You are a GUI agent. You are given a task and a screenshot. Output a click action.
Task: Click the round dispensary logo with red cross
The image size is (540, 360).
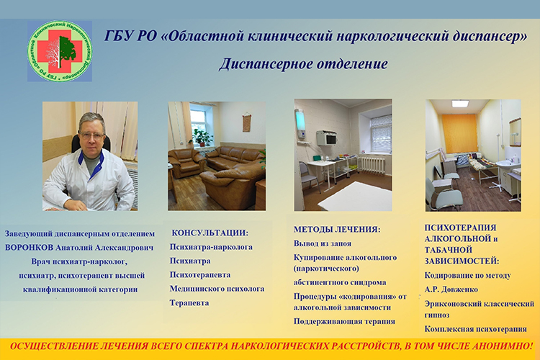click(60, 51)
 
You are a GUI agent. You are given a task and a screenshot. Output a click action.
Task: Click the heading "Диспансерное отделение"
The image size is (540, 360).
click(303, 64)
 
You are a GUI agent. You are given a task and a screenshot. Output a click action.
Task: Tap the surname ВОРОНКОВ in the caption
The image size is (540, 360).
click(30, 248)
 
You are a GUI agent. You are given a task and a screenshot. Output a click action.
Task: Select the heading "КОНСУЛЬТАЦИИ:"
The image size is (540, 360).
click(210, 233)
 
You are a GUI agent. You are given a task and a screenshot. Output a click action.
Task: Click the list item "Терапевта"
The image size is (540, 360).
click(189, 303)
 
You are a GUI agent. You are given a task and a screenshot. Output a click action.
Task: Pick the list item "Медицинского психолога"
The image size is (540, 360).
click(217, 289)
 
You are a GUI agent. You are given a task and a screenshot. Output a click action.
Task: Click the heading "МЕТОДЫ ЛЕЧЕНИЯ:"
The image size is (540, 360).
click(337, 230)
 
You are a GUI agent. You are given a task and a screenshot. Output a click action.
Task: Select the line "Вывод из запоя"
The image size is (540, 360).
click(323, 243)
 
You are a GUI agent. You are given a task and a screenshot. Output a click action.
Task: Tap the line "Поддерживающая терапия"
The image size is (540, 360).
click(344, 321)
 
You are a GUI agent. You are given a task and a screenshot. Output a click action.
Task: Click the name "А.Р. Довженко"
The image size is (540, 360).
click(451, 289)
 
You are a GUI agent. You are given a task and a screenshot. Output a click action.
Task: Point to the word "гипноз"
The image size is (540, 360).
click(437, 315)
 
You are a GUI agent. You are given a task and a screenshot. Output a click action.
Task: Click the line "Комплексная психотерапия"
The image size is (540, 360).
click(475, 329)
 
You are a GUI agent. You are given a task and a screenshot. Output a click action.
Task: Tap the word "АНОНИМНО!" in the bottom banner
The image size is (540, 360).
click(503, 346)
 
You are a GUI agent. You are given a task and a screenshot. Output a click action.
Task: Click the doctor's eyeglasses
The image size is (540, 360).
click(91, 135)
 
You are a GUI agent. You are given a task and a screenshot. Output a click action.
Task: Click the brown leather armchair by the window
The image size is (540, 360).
click(185, 163)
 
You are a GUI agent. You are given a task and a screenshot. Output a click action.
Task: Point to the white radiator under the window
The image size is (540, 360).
click(372, 165)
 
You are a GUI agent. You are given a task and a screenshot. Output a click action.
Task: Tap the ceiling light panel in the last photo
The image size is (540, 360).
click(461, 104)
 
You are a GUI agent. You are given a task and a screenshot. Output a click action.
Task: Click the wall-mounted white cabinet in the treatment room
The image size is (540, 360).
click(326, 138)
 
